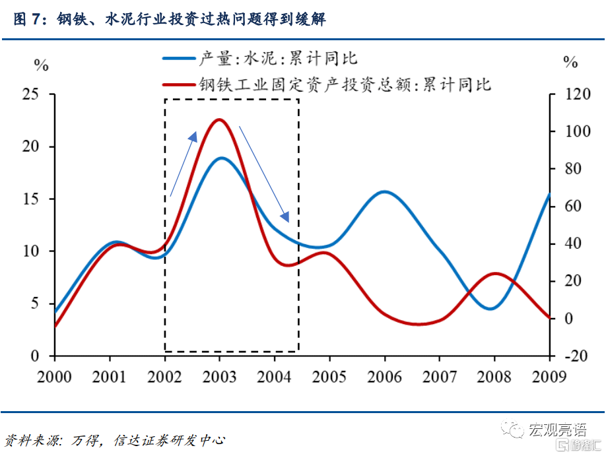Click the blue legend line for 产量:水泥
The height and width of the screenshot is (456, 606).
pos(179,59)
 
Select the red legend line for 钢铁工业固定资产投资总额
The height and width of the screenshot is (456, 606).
pos(179,84)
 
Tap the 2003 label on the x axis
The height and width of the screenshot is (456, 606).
pos(220,377)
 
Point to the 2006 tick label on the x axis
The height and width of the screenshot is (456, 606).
pos(385,377)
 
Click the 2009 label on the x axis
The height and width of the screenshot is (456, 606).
pos(550,377)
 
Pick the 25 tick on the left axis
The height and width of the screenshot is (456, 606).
pos(30,94)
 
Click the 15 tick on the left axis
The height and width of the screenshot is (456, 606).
pos(30,199)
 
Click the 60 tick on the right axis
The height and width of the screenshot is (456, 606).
pos(572,207)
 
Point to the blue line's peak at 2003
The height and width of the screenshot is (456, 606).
pos(220,158)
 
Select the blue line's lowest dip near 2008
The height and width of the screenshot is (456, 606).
pos(492,308)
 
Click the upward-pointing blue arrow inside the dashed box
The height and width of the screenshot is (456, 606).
pos(184,164)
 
